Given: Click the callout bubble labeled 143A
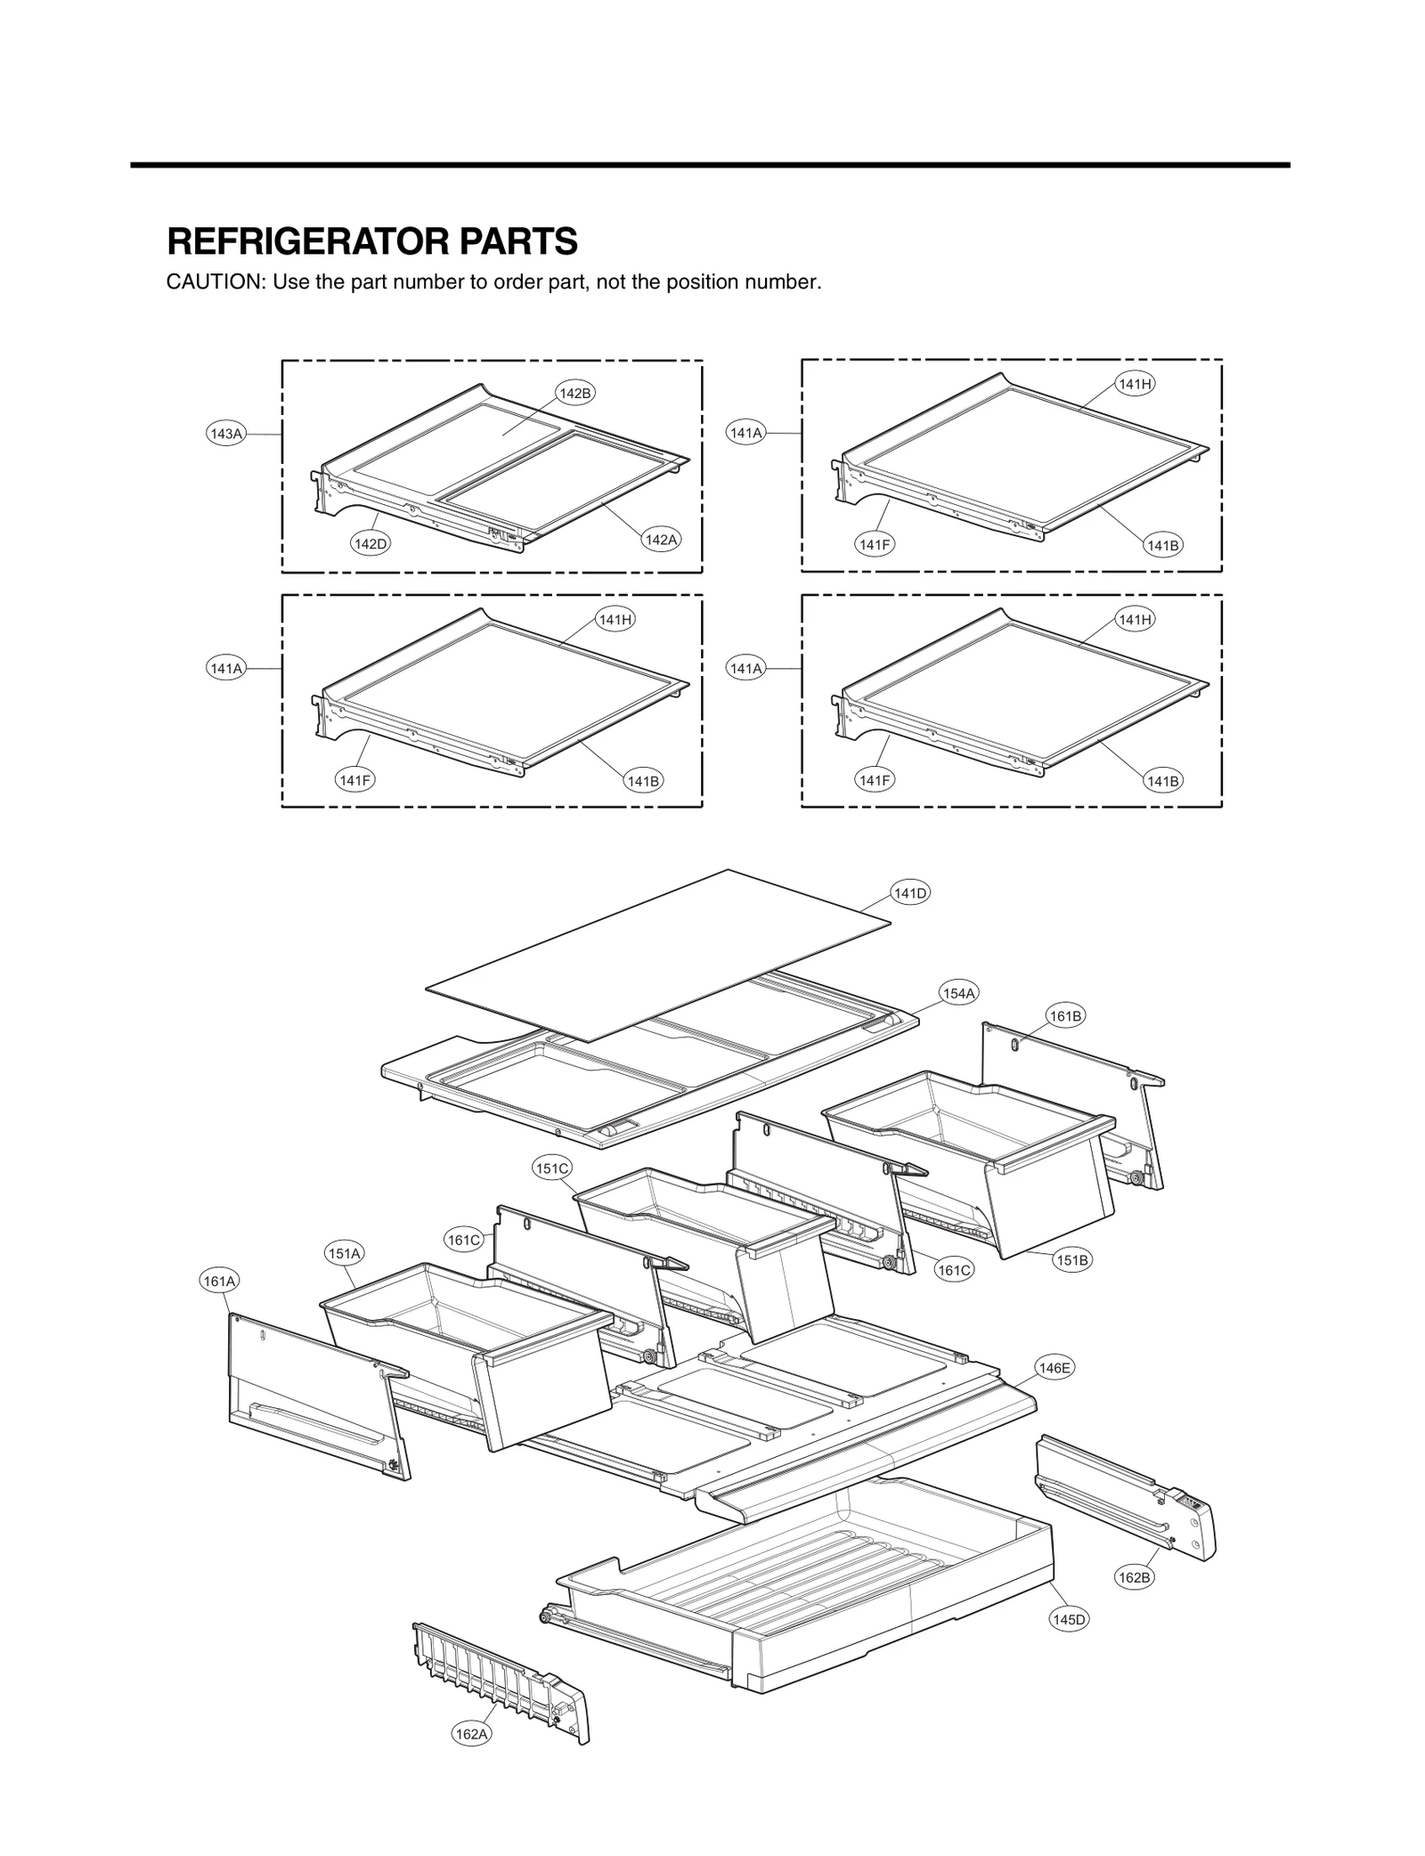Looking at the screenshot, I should pos(225,434).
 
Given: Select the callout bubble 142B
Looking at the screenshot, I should pos(574,393).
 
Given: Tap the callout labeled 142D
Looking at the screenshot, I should pos(370,543).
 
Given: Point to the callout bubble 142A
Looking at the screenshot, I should pos(661,540).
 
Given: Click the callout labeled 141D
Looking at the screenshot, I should pos(910,893).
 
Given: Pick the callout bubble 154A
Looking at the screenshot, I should pos(958,993).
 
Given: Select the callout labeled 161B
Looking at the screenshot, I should pos(1065,1016).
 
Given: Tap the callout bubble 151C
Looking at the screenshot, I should pos(552,1168).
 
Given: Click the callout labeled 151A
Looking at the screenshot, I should pos(344,1254).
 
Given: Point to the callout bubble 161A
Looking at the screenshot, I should pos(219,1282).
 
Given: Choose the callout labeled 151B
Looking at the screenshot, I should pos(1072,1260).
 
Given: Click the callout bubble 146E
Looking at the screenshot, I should pos(1054,1368).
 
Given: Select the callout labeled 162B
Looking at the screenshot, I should pos(1135,1577).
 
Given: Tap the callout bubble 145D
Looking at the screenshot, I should pos(1069,1619).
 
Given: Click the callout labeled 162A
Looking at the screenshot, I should pos(471,1734).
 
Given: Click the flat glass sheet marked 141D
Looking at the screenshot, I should pos(659,953).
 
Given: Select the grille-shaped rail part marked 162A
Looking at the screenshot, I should pos(499,1674).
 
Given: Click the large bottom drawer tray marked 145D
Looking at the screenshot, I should pos(802,1594).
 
